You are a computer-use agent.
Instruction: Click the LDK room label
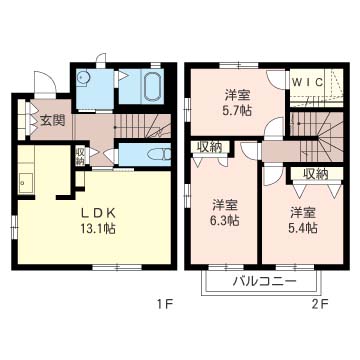(x=100, y=212)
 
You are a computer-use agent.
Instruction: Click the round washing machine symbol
(x=83, y=84)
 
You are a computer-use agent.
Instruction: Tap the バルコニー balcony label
(x=264, y=281)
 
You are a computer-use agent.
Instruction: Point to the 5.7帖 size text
(x=237, y=111)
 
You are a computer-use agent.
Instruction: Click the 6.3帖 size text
(x=224, y=220)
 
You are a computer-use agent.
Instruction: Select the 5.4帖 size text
(x=304, y=228)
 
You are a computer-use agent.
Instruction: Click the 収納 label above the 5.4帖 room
(x=314, y=174)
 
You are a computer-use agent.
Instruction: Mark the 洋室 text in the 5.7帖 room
(x=237, y=96)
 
